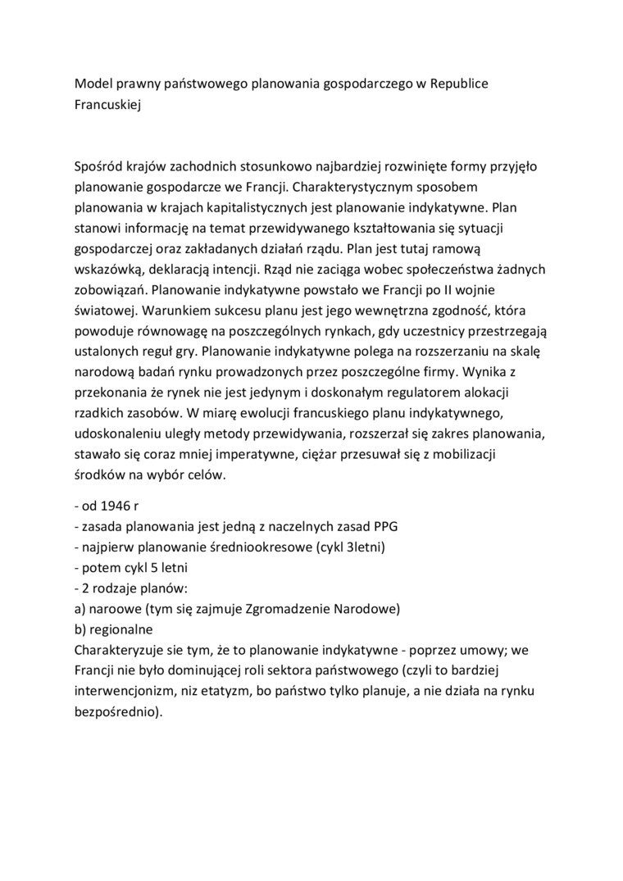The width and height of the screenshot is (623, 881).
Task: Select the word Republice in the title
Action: pos(461,84)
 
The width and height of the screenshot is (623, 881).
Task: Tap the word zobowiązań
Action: pos(109,290)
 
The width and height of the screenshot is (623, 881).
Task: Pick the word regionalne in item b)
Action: pos(120,629)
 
